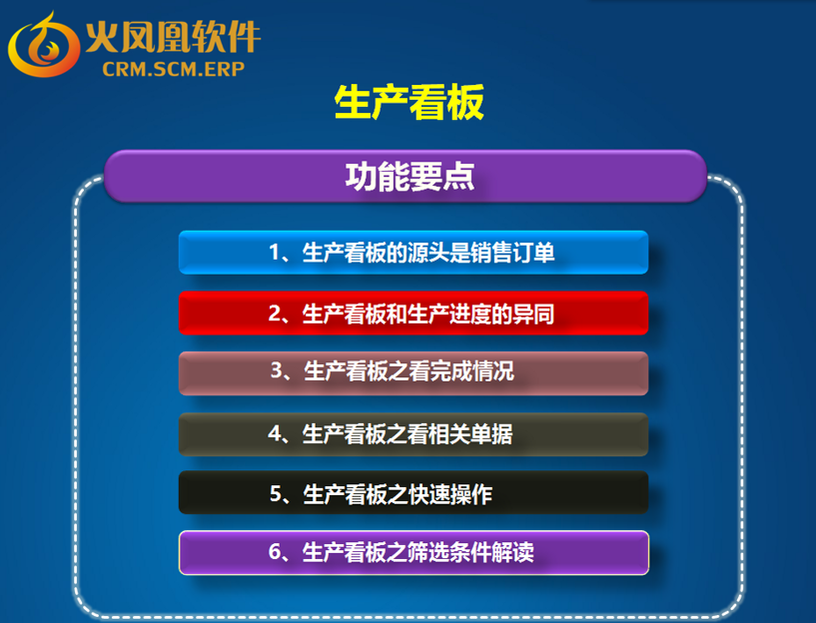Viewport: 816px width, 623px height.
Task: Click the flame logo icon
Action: coord(44,45)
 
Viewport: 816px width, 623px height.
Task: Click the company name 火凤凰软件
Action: coord(173,37)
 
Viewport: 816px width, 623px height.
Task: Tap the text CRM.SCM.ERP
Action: coord(174,69)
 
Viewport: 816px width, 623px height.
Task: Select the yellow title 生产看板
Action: coord(409,103)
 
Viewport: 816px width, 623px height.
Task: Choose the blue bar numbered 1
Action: coord(413,253)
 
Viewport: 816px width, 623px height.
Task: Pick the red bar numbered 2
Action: coord(413,313)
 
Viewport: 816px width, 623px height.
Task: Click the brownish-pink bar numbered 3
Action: coord(413,373)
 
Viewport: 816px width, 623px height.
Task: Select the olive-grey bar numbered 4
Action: coord(413,434)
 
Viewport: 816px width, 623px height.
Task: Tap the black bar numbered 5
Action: coord(413,492)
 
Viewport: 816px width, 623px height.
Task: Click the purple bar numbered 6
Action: coord(413,553)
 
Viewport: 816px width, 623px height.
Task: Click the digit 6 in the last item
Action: coord(276,552)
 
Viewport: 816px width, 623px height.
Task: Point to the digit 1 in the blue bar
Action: coord(275,253)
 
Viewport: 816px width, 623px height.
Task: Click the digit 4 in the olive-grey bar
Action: coord(275,433)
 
